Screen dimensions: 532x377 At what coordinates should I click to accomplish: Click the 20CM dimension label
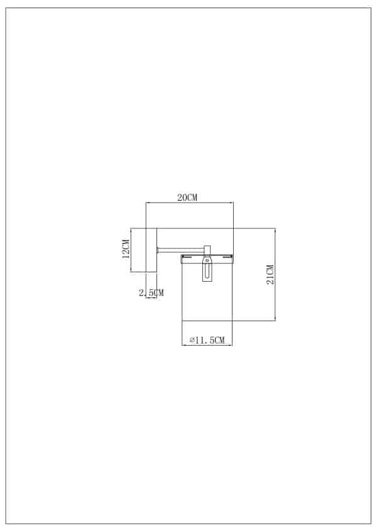pyautogui.click(x=187, y=198)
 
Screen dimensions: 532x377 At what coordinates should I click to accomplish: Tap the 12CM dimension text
pyautogui.click(x=126, y=249)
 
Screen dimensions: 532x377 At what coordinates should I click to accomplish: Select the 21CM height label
pyautogui.click(x=270, y=275)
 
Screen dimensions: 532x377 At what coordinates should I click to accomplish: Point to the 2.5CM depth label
pyautogui.click(x=151, y=292)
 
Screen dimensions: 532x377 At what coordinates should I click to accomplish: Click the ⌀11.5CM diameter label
pyautogui.click(x=207, y=340)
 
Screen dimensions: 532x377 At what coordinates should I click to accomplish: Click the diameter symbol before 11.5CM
pyautogui.click(x=191, y=340)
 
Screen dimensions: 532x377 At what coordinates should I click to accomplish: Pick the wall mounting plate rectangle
pyautogui.click(x=151, y=250)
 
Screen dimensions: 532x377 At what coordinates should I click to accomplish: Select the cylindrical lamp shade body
pyautogui.click(x=207, y=295)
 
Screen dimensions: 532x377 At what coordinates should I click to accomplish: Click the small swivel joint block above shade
pyautogui.click(x=207, y=250)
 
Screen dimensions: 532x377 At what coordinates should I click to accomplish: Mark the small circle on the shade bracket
pyautogui.click(x=207, y=258)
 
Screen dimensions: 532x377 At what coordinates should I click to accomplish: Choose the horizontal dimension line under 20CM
pyautogui.click(x=189, y=203)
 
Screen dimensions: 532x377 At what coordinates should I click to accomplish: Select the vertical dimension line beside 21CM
pyautogui.click(x=276, y=275)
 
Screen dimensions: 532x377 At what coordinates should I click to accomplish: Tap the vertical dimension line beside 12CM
pyautogui.click(x=131, y=250)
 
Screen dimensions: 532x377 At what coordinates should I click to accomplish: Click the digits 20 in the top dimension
pyautogui.click(x=182, y=198)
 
